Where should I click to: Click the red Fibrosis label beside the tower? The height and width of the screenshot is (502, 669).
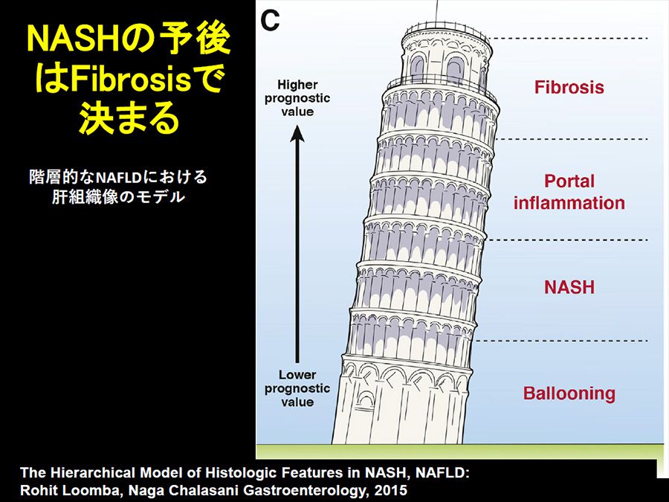point(569,87)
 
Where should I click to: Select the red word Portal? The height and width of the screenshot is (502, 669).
point(569,181)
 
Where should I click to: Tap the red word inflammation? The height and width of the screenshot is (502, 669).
point(569,202)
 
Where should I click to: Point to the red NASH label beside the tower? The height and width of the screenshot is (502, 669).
point(569,287)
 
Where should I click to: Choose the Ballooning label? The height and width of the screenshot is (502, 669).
point(569,393)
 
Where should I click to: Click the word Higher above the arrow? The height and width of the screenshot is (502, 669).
point(297,85)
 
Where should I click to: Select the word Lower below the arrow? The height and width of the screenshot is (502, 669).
point(297,375)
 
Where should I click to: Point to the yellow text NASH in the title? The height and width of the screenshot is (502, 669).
point(71,39)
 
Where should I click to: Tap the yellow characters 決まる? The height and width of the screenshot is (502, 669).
point(129,118)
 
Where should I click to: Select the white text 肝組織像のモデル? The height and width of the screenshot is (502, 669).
point(119,197)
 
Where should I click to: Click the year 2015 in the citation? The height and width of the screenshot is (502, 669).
point(390,490)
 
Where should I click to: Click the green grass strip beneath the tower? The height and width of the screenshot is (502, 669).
point(462,451)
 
